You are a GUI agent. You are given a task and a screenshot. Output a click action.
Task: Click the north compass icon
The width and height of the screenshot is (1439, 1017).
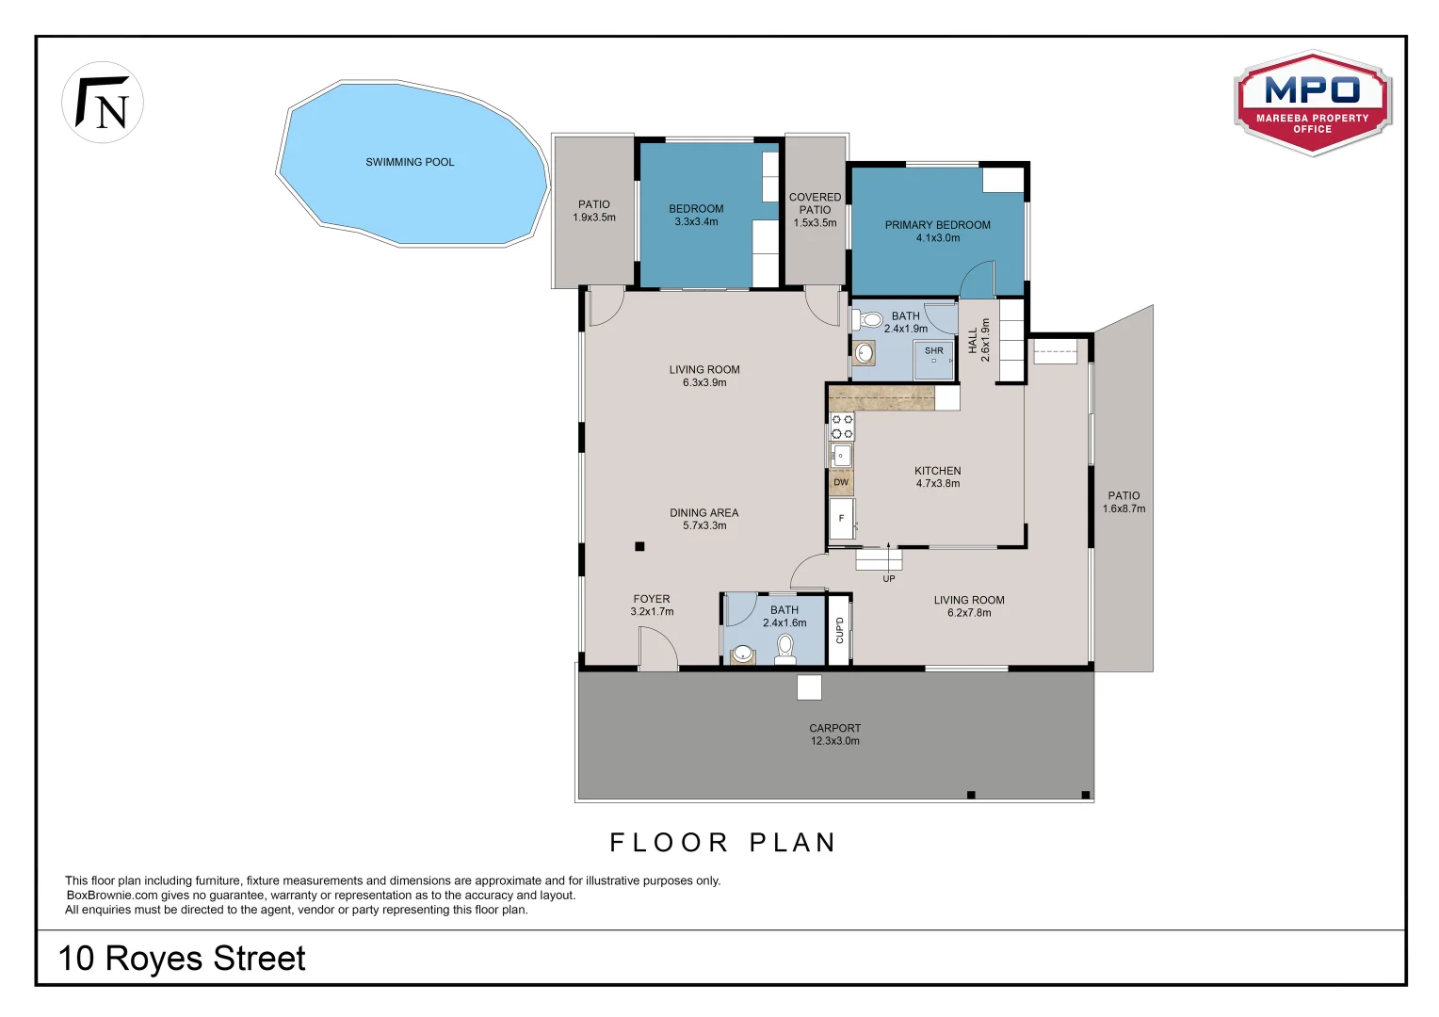[x=102, y=102]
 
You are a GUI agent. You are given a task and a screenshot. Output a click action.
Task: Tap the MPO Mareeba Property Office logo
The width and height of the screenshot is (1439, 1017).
[x=1313, y=103]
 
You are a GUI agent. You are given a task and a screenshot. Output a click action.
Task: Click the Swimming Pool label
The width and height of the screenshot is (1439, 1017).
[x=410, y=162]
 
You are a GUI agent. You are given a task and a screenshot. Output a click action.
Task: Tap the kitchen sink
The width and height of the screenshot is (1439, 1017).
[x=842, y=456]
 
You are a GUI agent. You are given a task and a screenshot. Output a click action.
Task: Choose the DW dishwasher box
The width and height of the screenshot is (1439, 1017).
[x=841, y=482]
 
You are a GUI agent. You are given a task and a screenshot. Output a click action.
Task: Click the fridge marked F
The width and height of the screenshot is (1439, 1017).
[x=842, y=519]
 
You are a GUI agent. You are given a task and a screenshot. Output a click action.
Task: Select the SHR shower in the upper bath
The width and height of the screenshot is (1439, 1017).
[x=934, y=361]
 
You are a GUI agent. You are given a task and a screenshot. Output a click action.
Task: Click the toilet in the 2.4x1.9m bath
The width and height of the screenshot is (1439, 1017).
[x=866, y=319]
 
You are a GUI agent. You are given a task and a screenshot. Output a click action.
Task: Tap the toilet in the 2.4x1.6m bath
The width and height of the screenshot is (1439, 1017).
[x=785, y=649]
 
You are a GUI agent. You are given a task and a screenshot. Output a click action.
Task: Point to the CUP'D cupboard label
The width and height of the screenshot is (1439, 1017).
[x=839, y=630]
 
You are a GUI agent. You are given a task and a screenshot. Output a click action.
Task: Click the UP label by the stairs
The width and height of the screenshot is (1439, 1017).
[x=888, y=579]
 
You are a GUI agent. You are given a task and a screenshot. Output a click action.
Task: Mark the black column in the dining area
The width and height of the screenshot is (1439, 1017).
[x=639, y=547]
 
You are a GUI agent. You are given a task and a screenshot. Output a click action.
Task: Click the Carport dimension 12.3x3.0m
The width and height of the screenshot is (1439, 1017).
[x=834, y=741]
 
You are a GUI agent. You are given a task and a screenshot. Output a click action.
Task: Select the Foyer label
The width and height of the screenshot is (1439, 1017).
[x=652, y=599]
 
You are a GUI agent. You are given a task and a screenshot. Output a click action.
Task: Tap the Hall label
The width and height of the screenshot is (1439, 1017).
[x=973, y=341]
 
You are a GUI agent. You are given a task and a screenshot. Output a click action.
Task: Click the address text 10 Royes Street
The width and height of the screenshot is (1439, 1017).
[x=182, y=958]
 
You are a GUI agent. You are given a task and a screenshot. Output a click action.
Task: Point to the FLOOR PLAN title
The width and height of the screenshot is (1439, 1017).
[x=722, y=842]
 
